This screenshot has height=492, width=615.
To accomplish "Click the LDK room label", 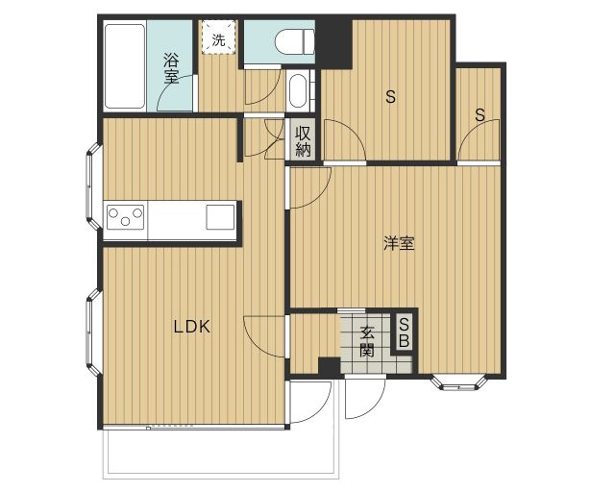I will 191,327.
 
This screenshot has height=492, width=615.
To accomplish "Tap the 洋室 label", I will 399,244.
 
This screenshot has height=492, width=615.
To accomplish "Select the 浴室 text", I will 171,67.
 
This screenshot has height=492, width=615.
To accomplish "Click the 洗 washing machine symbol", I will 218,39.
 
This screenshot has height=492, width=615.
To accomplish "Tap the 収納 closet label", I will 304,141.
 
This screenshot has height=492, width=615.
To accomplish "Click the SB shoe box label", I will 405,332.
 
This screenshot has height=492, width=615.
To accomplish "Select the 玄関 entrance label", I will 367,342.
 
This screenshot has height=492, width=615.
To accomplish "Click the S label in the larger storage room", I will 390,96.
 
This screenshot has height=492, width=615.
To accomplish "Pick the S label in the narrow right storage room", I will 479,114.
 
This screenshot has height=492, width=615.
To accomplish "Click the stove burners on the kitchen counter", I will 125,216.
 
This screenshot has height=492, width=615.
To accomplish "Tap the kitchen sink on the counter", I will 220,216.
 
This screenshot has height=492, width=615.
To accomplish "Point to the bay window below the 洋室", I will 462,382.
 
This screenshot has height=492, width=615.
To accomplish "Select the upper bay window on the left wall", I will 93,187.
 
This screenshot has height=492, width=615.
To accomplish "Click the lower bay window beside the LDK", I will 92,332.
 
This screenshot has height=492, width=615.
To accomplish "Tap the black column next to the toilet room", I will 334,42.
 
